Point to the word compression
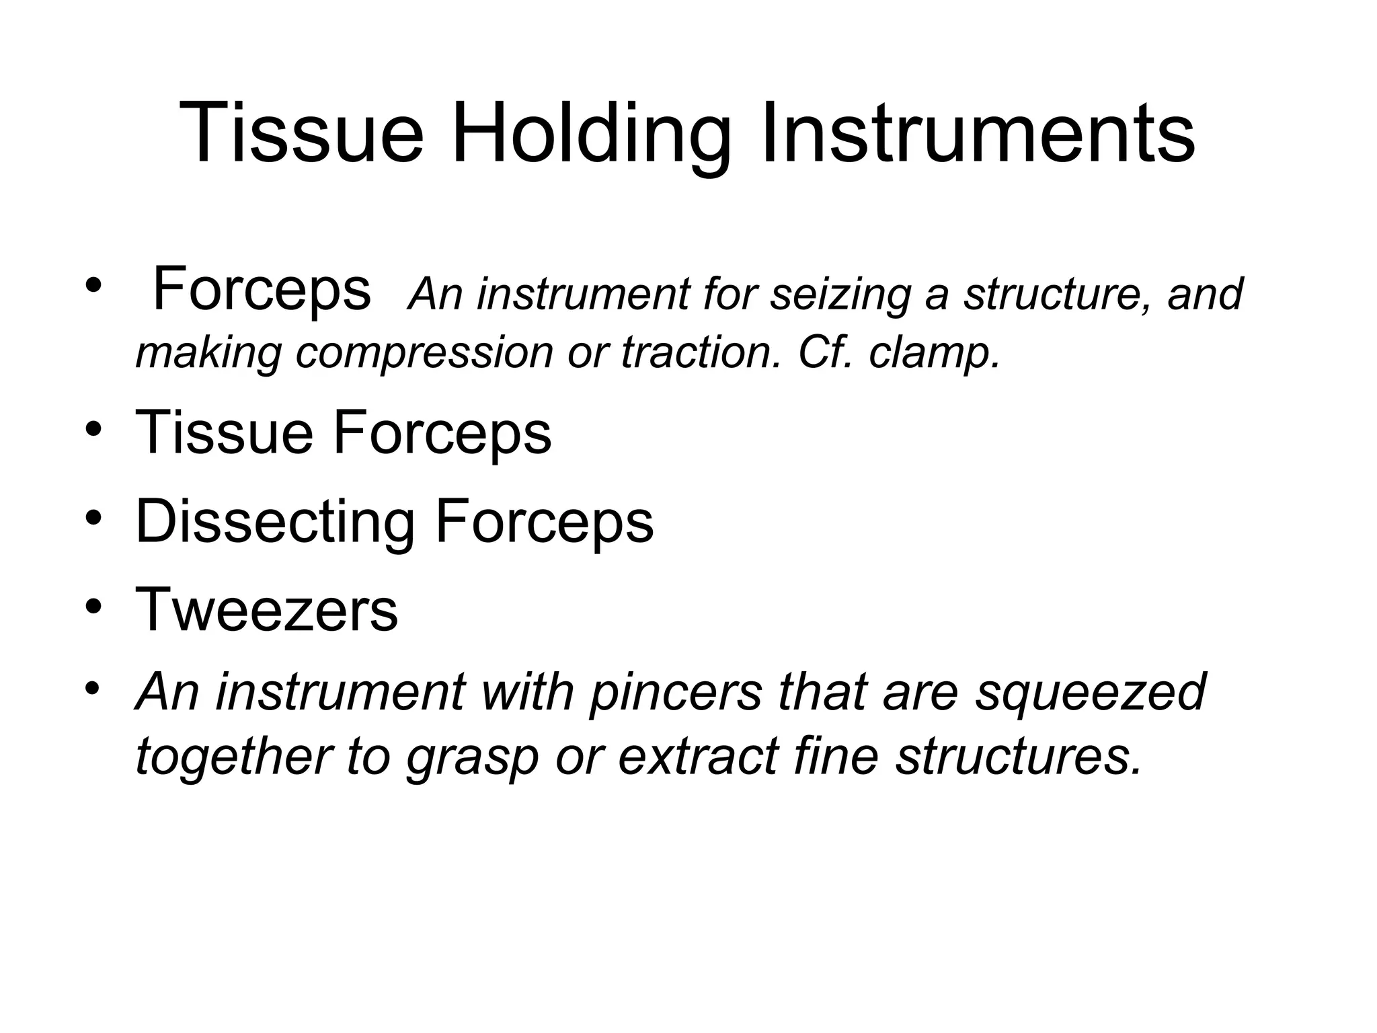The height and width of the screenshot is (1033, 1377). pos(424,352)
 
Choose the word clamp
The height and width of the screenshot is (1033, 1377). pos(935,352)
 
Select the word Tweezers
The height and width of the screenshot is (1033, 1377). pos(267,610)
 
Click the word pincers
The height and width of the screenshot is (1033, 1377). pos(676,692)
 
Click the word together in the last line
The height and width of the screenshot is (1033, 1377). pos(232,757)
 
